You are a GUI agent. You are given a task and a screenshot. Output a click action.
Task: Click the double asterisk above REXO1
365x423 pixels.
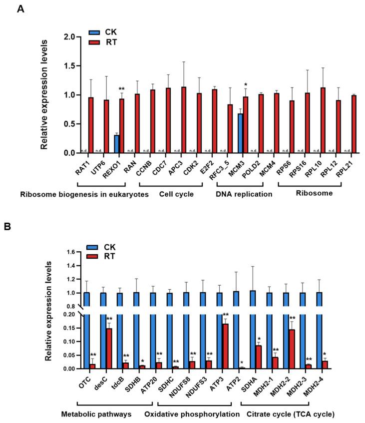[x=121, y=89]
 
